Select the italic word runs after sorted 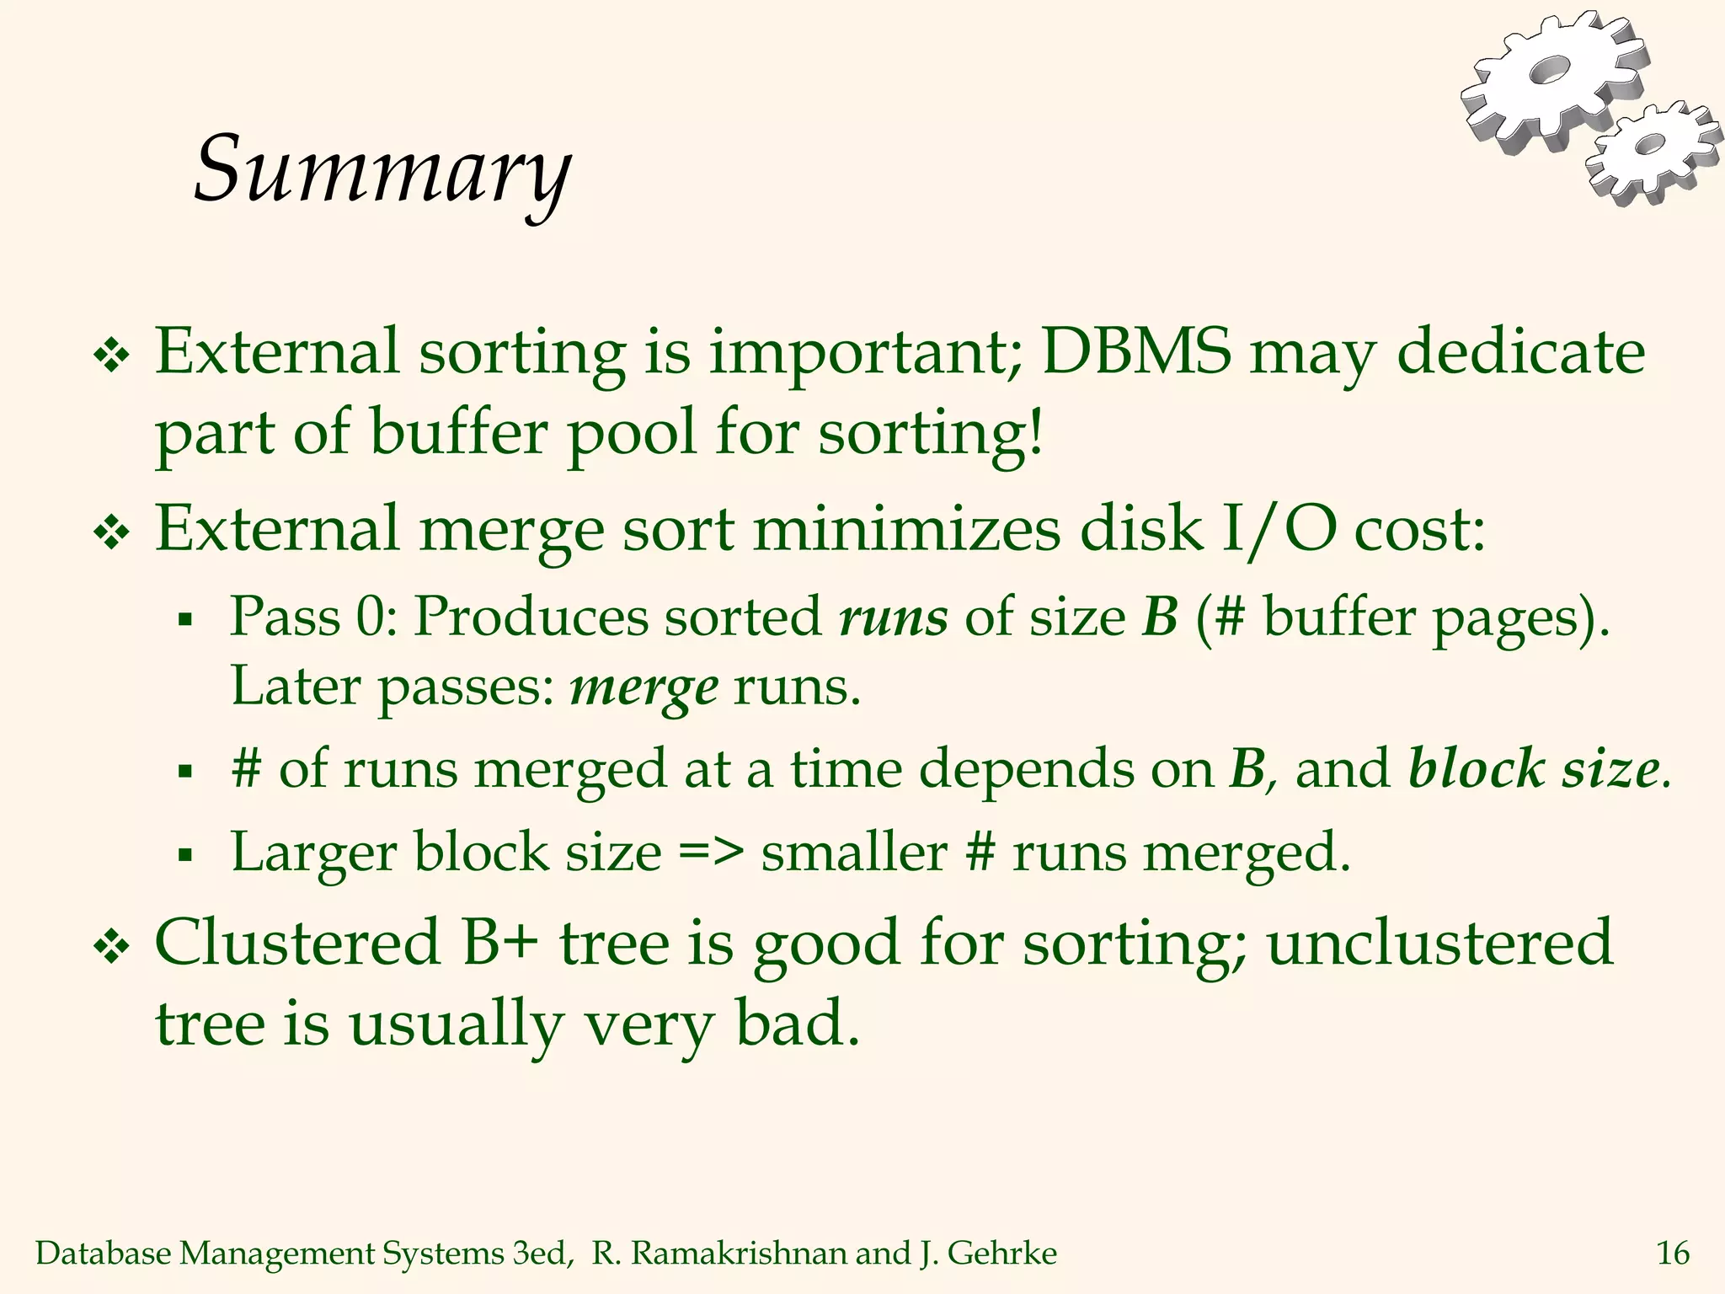point(893,618)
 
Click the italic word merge point(644,687)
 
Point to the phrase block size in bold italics point(1533,768)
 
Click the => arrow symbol point(711,853)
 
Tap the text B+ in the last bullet point(500,943)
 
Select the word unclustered point(1439,943)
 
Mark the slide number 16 point(1673,1254)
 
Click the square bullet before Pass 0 point(186,622)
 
